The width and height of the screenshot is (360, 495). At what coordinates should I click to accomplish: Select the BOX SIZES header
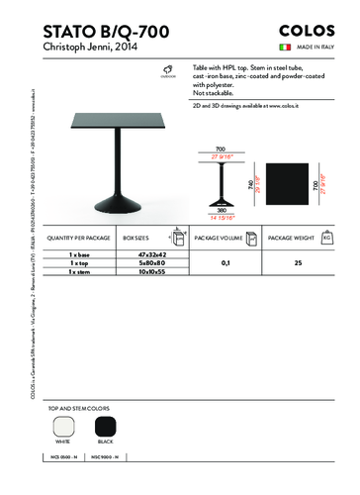(135, 240)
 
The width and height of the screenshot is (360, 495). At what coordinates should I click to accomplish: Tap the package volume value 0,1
(226, 263)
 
